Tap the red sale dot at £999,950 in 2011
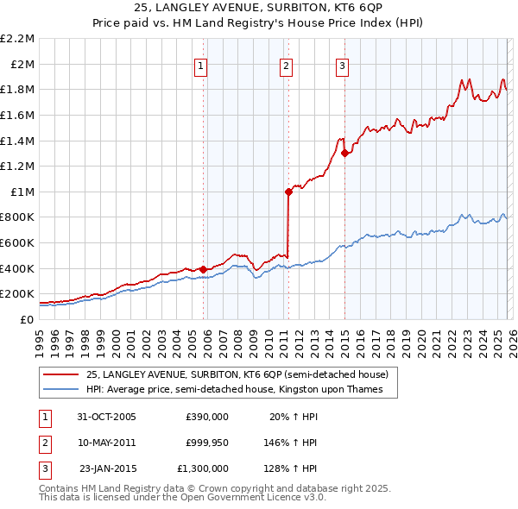click(288, 192)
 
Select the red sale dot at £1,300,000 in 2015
click(344, 154)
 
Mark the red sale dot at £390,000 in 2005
click(204, 269)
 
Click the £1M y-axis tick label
click(23, 192)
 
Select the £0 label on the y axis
click(27, 319)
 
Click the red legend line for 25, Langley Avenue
click(60, 375)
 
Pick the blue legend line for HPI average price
click(60, 390)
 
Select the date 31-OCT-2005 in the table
click(106, 417)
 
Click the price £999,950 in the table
click(207, 443)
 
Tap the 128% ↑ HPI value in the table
click(291, 468)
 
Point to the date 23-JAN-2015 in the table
click(106, 468)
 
